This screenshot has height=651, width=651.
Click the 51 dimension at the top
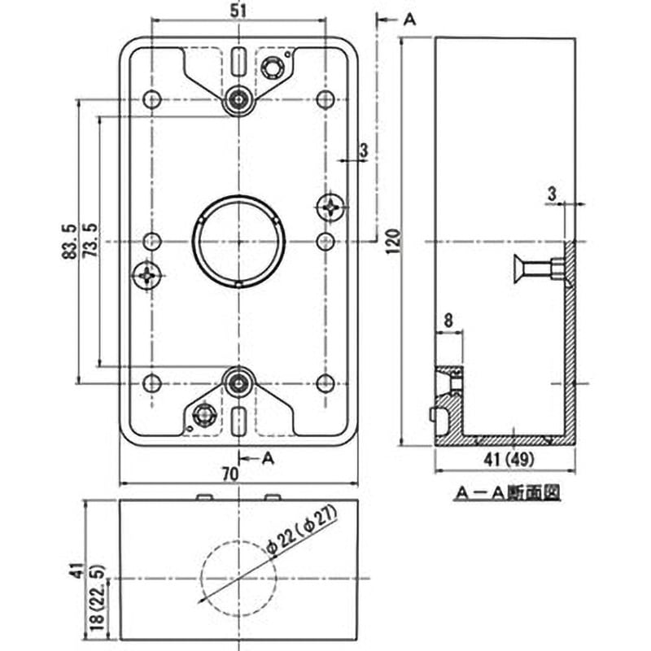coord(238,11)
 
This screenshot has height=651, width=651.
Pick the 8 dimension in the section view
coord(449,321)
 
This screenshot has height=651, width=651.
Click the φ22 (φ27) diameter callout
coord(308,538)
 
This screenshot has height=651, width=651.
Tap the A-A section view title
coord(505,492)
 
